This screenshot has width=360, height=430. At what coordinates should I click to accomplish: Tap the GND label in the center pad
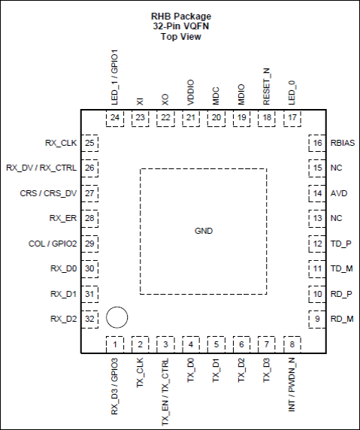click(x=204, y=231)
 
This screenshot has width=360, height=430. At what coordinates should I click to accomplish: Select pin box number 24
click(x=115, y=118)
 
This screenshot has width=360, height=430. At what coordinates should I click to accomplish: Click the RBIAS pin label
click(x=343, y=143)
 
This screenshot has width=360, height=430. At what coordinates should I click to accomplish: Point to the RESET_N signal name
click(x=267, y=86)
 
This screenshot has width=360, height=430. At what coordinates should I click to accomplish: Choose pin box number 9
click(x=317, y=319)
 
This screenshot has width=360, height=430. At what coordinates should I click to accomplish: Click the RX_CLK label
click(x=61, y=143)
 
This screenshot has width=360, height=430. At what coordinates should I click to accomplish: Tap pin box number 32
click(x=89, y=319)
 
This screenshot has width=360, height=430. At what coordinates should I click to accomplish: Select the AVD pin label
click(x=339, y=193)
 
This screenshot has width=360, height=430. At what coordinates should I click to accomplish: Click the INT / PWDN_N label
click(x=292, y=385)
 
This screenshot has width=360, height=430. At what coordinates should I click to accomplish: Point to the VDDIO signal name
click(x=191, y=92)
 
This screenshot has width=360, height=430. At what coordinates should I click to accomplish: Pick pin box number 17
click(x=292, y=118)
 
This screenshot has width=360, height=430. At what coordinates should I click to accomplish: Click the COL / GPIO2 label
click(x=53, y=244)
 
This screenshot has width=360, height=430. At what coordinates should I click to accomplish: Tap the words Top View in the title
click(x=181, y=37)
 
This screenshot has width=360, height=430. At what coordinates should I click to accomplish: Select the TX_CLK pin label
click(x=140, y=373)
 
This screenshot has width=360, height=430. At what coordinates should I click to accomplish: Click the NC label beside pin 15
click(x=337, y=168)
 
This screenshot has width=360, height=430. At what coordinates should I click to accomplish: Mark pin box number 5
click(x=216, y=344)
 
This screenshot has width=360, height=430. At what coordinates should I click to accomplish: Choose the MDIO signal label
click(x=241, y=95)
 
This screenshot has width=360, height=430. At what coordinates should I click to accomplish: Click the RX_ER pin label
click(x=63, y=218)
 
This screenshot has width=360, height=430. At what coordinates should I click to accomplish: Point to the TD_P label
click(x=340, y=244)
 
